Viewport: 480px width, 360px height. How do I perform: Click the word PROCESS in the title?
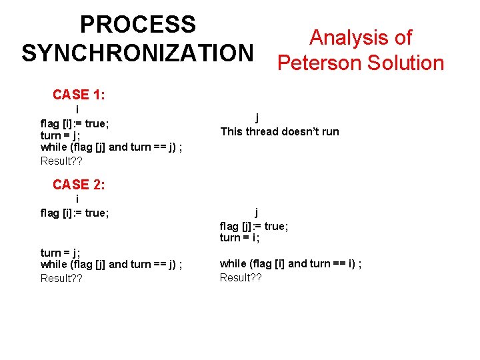[138, 25]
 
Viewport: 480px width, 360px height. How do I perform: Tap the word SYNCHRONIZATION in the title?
[138, 53]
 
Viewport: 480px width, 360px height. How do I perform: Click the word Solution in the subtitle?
[405, 63]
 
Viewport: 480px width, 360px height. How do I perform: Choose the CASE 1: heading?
[78, 95]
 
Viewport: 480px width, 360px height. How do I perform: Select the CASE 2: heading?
[78, 185]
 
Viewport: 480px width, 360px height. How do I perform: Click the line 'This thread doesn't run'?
[279, 131]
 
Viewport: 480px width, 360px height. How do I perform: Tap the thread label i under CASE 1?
[77, 109]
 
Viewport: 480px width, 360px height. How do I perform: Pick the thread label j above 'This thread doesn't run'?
[257, 117]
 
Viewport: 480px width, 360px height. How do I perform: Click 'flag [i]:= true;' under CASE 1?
[75, 123]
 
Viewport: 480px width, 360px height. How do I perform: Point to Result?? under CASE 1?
[61, 161]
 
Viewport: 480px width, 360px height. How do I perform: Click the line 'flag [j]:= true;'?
[254, 226]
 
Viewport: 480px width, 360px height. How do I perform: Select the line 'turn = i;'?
[239, 238]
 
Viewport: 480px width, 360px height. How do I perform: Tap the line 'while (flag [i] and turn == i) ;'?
[291, 263]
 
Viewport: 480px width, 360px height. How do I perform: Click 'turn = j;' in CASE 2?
[61, 252]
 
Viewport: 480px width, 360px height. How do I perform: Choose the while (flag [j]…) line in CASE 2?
[111, 265]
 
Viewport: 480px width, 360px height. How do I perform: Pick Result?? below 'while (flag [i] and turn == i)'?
[241, 277]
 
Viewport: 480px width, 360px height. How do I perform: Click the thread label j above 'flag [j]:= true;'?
[257, 213]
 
